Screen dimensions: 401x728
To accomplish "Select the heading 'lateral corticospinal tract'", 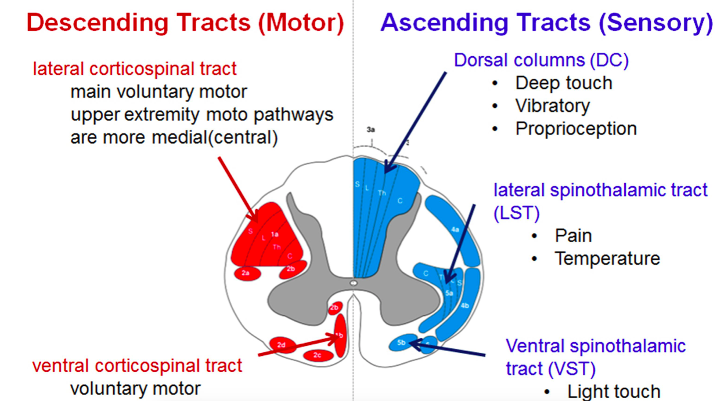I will click(x=135, y=69).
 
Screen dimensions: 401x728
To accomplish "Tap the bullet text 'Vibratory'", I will click(x=552, y=105).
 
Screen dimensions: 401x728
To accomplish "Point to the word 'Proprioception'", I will click(x=576, y=128).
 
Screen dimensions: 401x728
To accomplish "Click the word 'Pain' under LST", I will click(x=573, y=236).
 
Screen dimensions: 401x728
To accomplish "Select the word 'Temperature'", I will click(x=607, y=258).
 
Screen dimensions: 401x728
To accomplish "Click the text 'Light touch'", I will click(x=614, y=391).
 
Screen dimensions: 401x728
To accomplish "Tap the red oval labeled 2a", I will click(x=246, y=272).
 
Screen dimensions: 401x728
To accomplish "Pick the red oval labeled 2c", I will click(x=317, y=355).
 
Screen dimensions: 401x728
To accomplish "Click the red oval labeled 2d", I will click(x=282, y=345).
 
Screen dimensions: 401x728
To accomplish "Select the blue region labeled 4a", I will click(x=456, y=229).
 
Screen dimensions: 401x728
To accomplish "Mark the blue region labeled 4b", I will click(x=464, y=306).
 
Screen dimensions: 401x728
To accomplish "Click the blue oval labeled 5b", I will click(x=402, y=343).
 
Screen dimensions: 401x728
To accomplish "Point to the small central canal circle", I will click(x=353, y=283).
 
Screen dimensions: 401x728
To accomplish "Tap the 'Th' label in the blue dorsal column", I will click(x=382, y=192).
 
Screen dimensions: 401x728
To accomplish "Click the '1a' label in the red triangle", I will click(x=275, y=234).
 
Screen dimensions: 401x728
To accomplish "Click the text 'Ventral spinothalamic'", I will click(x=596, y=347).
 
